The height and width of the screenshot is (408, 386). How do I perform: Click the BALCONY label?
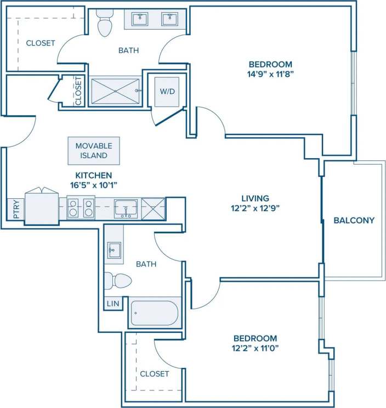[x=354, y=221]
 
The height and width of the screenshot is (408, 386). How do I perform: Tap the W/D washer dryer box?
[x=167, y=90]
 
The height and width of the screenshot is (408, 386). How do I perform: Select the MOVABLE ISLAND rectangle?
[x=94, y=151]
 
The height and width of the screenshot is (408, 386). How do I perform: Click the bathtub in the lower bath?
[x=154, y=313]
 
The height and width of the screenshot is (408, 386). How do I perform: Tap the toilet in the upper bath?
[x=103, y=24]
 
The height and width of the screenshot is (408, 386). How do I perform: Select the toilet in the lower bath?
[x=117, y=281]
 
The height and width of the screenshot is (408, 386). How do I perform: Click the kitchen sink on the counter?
[x=127, y=208]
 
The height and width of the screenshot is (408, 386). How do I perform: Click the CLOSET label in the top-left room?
[x=41, y=43]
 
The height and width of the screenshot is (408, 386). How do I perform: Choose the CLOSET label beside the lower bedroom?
[x=155, y=373]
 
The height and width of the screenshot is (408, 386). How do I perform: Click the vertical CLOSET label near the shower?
[x=78, y=91]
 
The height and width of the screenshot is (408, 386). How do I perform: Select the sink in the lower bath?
[x=113, y=250]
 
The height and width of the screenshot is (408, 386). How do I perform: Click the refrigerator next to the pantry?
[x=41, y=206]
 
